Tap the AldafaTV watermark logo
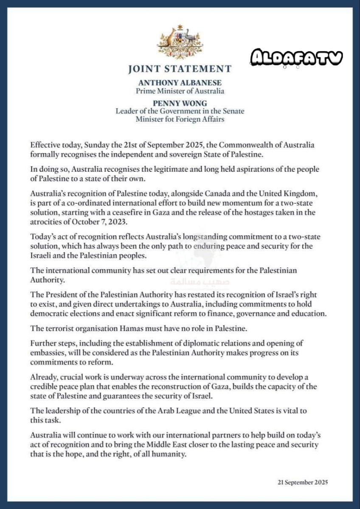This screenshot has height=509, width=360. point(296,58)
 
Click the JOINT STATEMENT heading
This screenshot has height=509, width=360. point(180,69)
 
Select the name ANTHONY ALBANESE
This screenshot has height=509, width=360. point(180,83)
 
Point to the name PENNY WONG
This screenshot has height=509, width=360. point(180,102)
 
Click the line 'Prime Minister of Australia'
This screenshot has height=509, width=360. point(180,91)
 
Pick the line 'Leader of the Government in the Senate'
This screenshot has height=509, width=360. point(180,111)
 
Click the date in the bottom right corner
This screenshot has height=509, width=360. point(303,482)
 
